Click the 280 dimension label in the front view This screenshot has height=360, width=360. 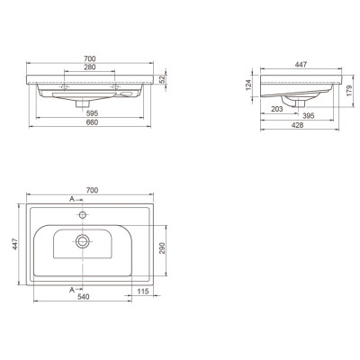[90, 67]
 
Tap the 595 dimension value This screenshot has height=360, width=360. [93, 113]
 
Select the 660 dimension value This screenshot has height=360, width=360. [93, 122]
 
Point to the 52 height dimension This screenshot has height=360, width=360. [162, 79]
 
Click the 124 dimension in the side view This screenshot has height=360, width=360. [248, 85]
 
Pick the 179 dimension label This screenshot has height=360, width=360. [349, 91]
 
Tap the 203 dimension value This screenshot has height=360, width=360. [277, 109]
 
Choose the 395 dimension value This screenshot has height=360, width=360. [308, 116]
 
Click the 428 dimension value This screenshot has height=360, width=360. [298, 125]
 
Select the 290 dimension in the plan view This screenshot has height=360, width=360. [162, 248]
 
